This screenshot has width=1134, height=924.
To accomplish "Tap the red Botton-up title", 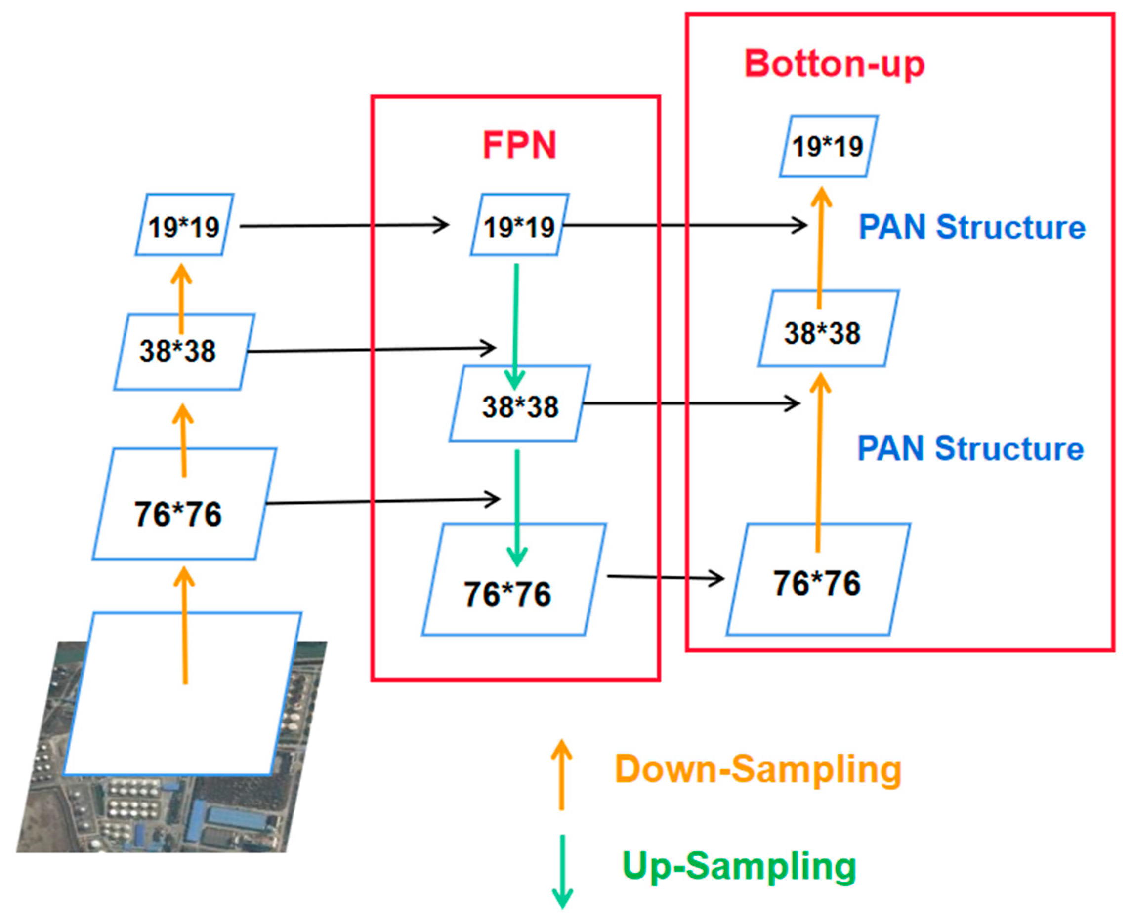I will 834,64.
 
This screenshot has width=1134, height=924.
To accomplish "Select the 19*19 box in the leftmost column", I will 184,226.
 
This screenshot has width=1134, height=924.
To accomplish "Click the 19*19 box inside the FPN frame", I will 519,226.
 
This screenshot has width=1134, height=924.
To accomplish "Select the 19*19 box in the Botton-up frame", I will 827,146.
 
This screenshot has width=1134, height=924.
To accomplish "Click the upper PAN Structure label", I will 971,227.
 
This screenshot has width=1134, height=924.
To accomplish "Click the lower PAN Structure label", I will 970,448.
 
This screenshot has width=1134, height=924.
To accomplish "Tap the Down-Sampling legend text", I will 757,769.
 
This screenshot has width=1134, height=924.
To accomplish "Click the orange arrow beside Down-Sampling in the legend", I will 561,775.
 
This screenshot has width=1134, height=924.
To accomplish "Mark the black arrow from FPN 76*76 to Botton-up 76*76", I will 666,577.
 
